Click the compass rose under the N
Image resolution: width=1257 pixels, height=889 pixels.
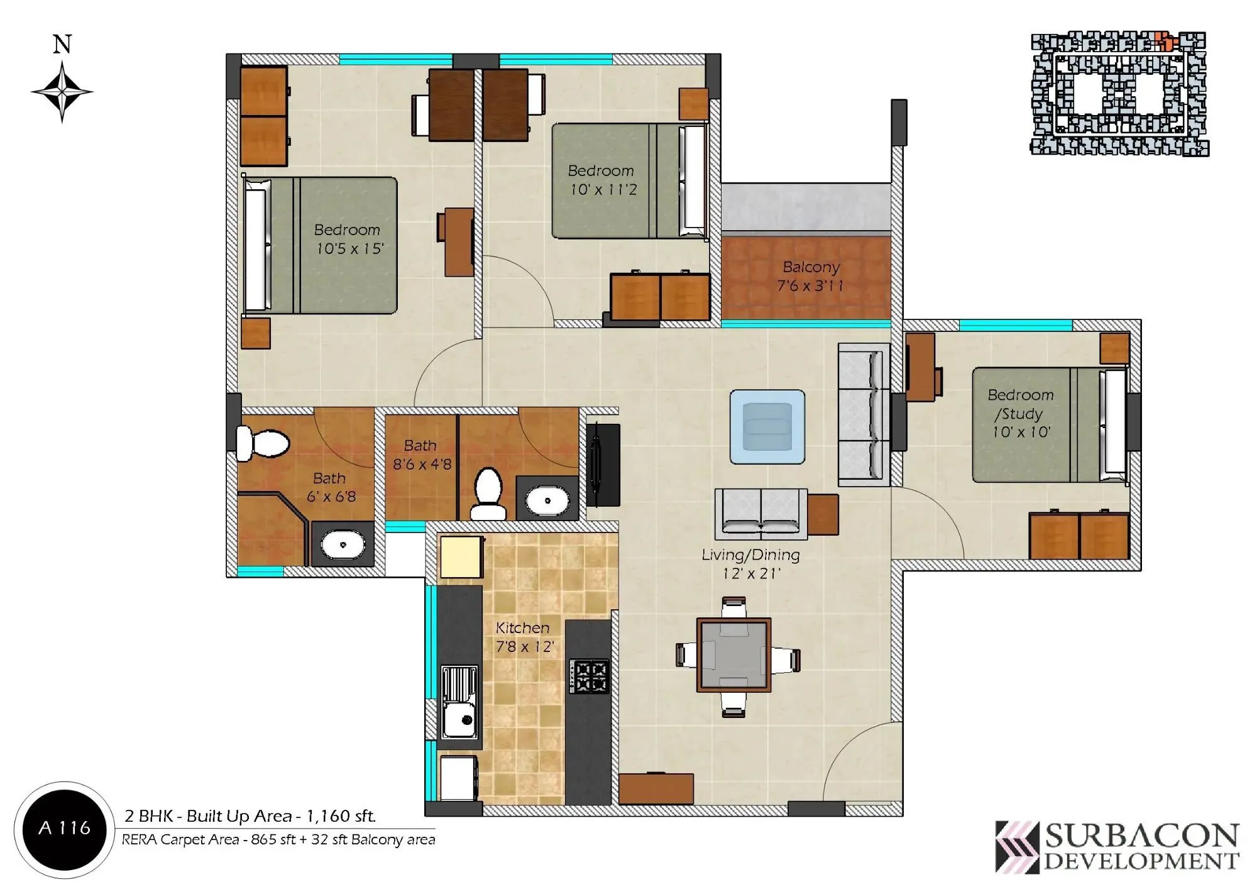[62, 92]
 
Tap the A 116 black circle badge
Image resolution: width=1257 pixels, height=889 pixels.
[64, 828]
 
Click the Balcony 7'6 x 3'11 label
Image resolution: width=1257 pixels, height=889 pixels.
[811, 277]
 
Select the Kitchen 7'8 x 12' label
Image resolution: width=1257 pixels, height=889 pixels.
[524, 637]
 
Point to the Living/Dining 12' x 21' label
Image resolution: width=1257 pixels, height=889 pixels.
[750, 564]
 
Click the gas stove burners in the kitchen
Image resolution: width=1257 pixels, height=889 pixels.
[589, 676]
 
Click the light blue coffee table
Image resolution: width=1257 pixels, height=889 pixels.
[767, 427]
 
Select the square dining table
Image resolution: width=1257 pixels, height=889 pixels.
[733, 656]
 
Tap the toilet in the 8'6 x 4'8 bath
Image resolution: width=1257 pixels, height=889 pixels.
[488, 494]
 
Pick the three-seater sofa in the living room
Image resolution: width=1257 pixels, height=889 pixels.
[864, 415]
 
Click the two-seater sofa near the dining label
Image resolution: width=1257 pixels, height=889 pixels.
[761, 513]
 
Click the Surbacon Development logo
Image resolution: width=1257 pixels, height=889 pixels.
[1117, 847]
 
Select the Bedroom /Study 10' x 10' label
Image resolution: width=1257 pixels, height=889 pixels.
[1021, 413]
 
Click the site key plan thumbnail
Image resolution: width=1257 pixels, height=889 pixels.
[1119, 94]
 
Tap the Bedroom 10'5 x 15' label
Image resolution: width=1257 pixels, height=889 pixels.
[348, 239]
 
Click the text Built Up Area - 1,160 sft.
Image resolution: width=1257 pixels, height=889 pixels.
[281, 816]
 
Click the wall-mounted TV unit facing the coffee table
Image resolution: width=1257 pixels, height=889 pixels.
[602, 465]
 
